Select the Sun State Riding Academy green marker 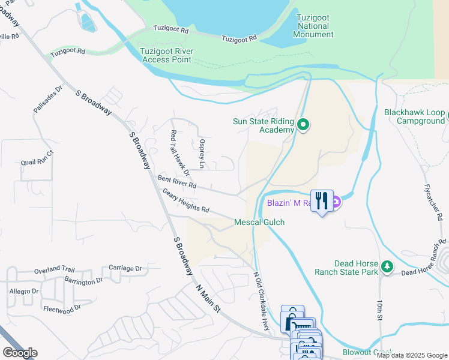304,125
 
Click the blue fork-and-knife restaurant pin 322,201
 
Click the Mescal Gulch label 259,223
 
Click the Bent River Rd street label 177,182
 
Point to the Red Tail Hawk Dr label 179,154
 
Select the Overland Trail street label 53,270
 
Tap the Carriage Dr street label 125,268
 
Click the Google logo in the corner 20,353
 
